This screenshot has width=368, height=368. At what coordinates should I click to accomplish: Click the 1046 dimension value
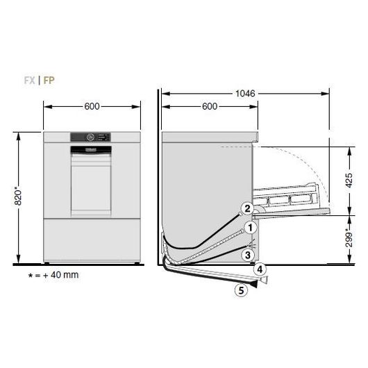point(245,94)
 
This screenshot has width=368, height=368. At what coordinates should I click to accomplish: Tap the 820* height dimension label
point(18,196)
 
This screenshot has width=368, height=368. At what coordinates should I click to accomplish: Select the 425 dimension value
point(349,181)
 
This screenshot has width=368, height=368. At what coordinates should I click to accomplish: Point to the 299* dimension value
point(349,240)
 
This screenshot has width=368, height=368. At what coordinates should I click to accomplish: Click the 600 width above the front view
point(92,106)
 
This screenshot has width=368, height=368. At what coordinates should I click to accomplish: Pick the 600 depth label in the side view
point(210,106)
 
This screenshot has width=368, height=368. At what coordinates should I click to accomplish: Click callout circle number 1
point(250,228)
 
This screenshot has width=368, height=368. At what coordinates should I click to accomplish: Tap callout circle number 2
point(247,208)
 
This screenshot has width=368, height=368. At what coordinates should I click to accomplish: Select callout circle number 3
point(248,255)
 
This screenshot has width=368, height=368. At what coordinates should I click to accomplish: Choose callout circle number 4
point(260,269)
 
